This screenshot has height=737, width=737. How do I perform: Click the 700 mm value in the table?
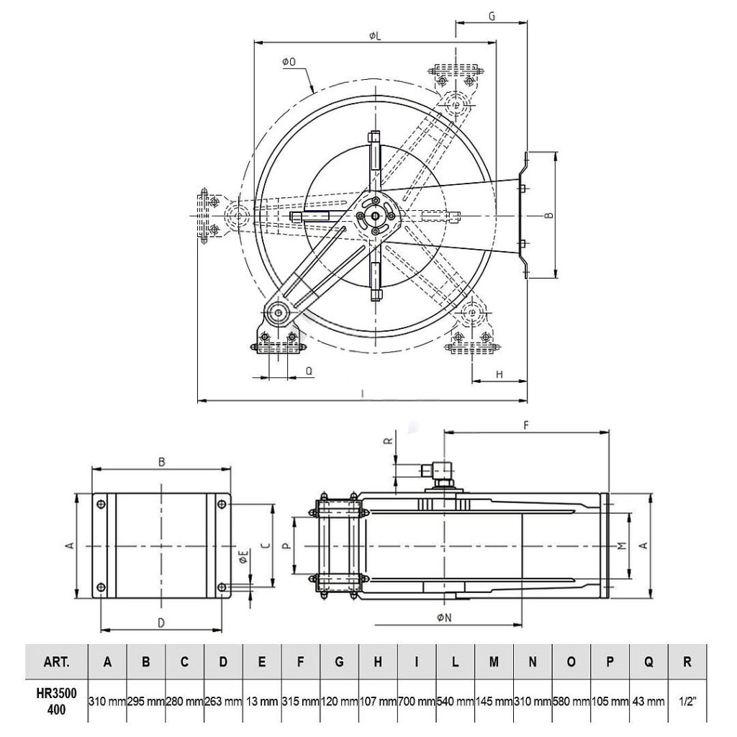417,702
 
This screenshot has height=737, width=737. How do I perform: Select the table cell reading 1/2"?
687,702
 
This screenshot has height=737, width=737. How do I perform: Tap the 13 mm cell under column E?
262,702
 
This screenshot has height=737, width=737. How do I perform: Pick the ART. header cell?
56,662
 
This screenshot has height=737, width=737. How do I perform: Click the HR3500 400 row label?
56,701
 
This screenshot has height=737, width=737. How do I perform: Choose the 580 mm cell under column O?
571,702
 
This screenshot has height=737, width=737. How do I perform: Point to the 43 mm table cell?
648,702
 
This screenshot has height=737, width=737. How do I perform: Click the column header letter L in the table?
455,662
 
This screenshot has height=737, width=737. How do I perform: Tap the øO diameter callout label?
289,62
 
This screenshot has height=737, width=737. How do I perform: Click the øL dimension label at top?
374,36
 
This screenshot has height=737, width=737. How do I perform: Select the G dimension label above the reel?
492,17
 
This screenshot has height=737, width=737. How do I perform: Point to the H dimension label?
499,374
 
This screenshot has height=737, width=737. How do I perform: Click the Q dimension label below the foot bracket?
309,371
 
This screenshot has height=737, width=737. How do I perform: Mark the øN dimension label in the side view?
444,618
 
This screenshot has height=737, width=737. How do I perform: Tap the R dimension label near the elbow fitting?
388,441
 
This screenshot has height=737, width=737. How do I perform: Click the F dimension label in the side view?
526,425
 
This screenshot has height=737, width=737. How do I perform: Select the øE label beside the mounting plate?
243,558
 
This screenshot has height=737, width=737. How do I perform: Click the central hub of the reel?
375,216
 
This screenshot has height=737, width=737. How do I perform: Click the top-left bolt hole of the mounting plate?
101,505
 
